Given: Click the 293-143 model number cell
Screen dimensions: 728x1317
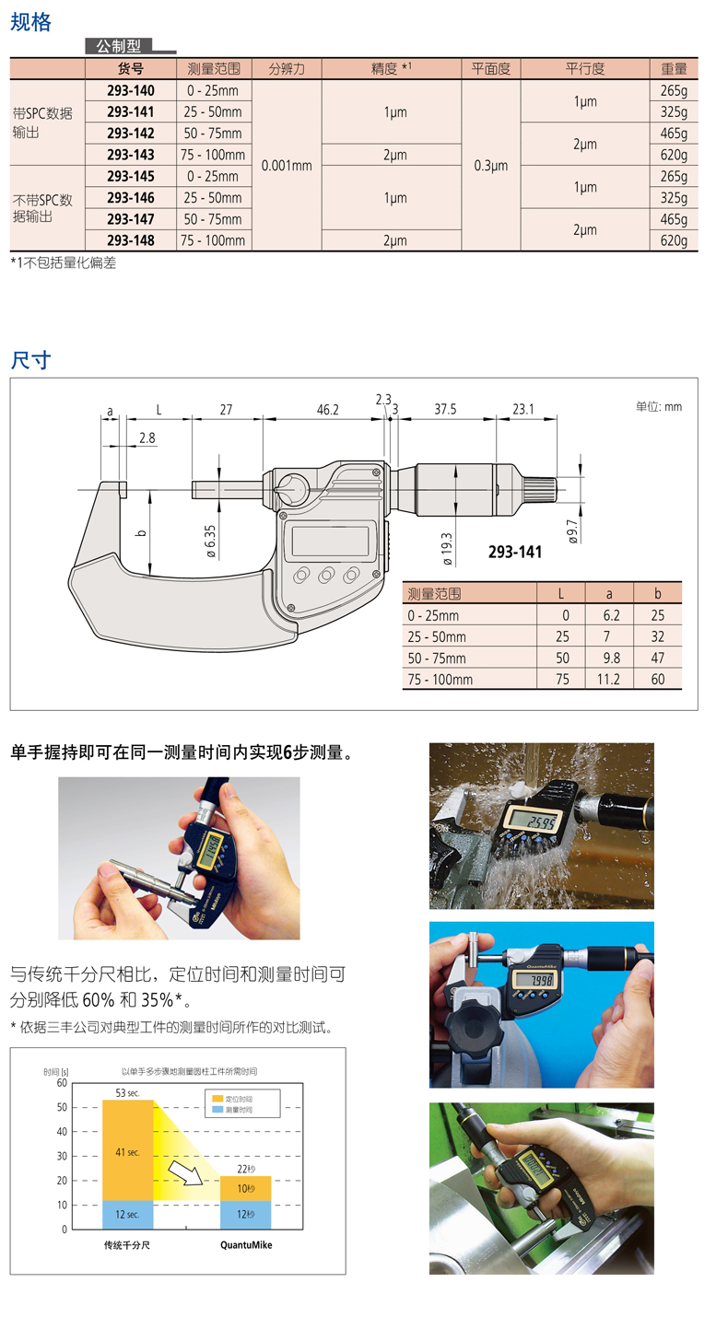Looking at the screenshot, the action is tap(131, 155).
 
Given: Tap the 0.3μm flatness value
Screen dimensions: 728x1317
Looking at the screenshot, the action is tap(491, 166).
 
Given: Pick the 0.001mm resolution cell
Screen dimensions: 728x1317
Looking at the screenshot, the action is tap(287, 166).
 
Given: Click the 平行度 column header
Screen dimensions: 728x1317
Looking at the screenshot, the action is tap(585, 69).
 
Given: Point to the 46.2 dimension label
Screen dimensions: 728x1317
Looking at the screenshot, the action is tap(328, 409).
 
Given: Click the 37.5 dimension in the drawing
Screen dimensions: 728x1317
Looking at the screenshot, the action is tap(445, 409).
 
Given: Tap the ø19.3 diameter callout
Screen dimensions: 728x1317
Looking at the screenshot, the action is tap(447, 549).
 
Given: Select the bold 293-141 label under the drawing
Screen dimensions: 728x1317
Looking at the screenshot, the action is tap(515, 552).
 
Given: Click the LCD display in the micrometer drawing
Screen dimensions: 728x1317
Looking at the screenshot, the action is tap(330, 541).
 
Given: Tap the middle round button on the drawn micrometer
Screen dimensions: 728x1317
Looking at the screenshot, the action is tap(326, 575).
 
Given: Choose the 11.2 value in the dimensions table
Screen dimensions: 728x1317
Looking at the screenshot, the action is tap(608, 679).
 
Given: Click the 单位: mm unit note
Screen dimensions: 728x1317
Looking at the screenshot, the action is tap(659, 406).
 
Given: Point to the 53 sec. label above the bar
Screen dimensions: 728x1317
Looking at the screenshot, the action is tap(127, 1093).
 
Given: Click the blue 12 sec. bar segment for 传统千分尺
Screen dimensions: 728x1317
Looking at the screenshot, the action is tap(128, 1214).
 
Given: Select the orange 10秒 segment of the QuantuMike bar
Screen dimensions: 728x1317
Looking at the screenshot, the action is tap(245, 1188).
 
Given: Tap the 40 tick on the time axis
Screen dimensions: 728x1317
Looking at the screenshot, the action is tap(62, 1131).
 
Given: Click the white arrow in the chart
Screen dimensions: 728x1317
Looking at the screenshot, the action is tap(185, 1172).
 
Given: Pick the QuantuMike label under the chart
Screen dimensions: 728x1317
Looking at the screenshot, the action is tap(246, 1244).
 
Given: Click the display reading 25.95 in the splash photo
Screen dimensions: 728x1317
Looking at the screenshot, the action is tap(532, 821).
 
